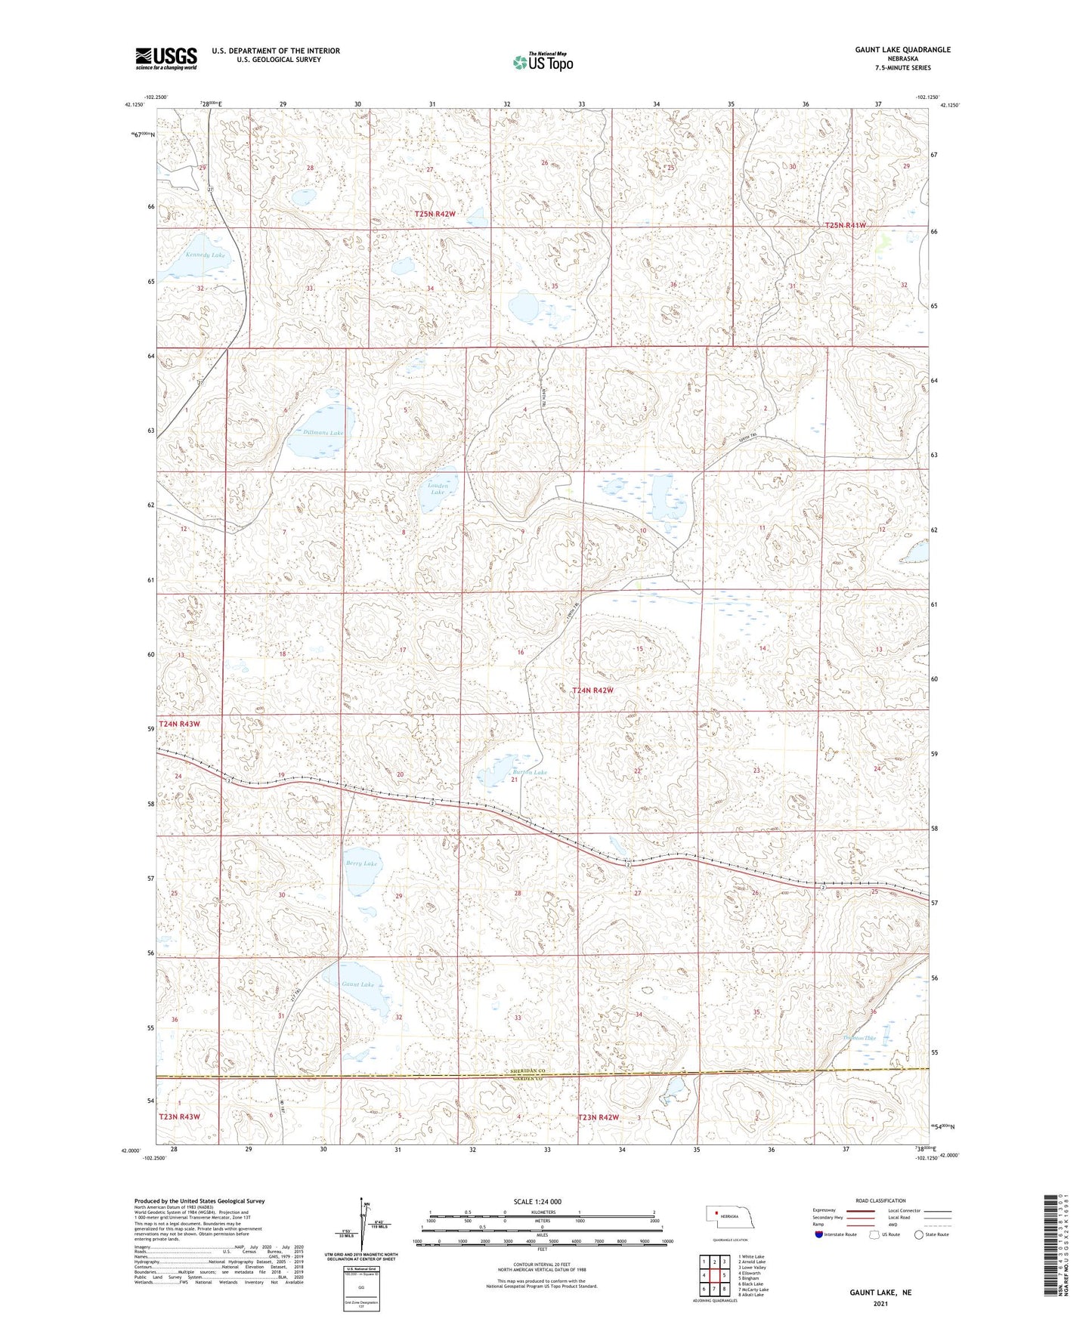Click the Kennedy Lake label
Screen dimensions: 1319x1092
pos(205,255)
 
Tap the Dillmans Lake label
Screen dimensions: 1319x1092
pos(323,433)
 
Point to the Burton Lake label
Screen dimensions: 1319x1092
pos(529,772)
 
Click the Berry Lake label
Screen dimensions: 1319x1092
pos(360,863)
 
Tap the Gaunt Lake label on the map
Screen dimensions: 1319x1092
pos(357,984)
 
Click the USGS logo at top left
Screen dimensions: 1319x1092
pos(166,58)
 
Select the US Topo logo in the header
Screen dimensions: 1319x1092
pos(543,62)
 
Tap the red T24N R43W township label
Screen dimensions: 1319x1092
pos(179,724)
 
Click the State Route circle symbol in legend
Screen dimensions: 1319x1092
pos(919,1234)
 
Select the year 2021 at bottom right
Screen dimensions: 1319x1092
pos(880,1304)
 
